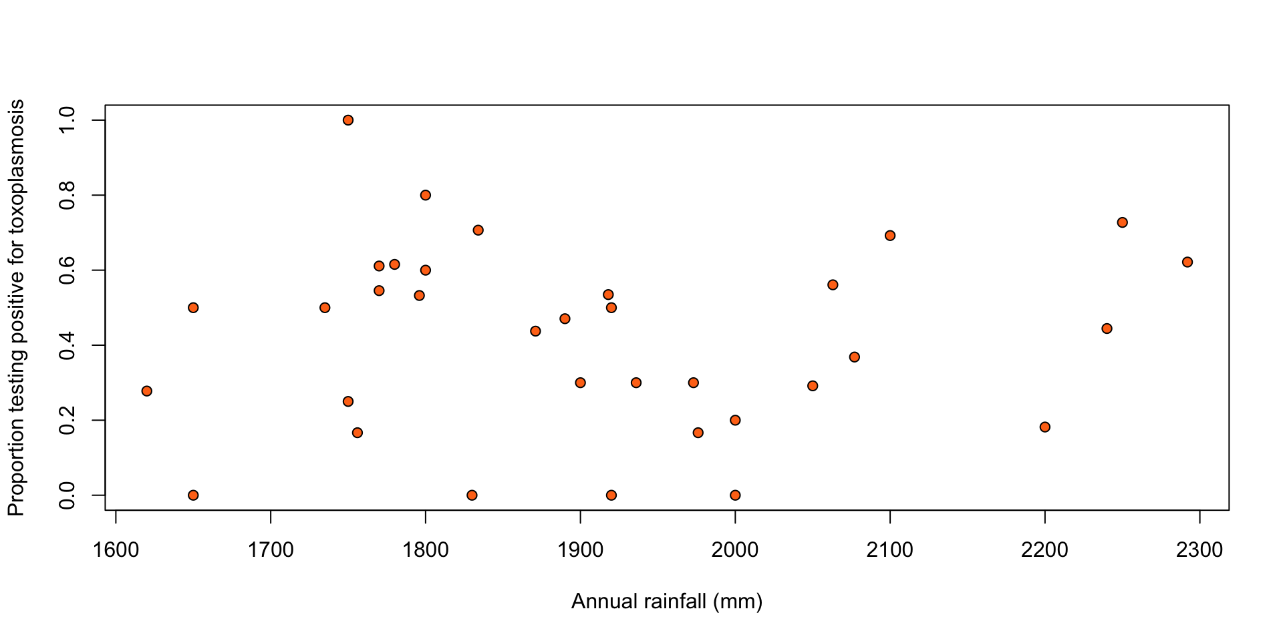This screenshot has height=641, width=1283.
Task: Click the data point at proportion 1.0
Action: pyautogui.click(x=348, y=120)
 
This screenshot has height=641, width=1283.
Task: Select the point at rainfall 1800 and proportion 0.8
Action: pyautogui.click(x=426, y=195)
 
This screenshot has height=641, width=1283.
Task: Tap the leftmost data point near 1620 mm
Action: pyautogui.click(x=147, y=391)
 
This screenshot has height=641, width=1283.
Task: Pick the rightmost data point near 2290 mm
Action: pyautogui.click(x=1187, y=262)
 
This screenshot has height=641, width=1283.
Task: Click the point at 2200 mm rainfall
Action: pyautogui.click(x=1045, y=427)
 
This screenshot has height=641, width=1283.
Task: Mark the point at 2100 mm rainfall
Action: pyautogui.click(x=890, y=235)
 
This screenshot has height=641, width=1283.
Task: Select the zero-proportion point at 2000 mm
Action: pyautogui.click(x=735, y=495)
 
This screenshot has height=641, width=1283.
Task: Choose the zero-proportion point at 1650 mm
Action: pyautogui.click(x=193, y=495)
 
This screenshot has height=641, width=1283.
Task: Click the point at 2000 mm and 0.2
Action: pyautogui.click(x=735, y=420)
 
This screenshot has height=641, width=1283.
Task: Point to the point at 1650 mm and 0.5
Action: pyautogui.click(x=193, y=307)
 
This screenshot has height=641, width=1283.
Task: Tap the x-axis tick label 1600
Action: pyautogui.click(x=116, y=550)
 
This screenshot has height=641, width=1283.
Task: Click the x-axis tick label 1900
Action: pyautogui.click(x=580, y=550)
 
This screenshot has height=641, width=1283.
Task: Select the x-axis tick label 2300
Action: pyautogui.click(x=1199, y=550)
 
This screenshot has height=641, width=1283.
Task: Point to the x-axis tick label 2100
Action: pyautogui.click(x=890, y=550)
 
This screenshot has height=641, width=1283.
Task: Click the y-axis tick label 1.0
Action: pyautogui.click(x=67, y=120)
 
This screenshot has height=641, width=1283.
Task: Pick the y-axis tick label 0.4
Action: pyautogui.click(x=67, y=345)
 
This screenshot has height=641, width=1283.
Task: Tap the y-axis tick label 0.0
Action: pyautogui.click(x=67, y=495)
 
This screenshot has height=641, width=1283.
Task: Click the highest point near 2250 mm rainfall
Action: pyautogui.click(x=1122, y=222)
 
